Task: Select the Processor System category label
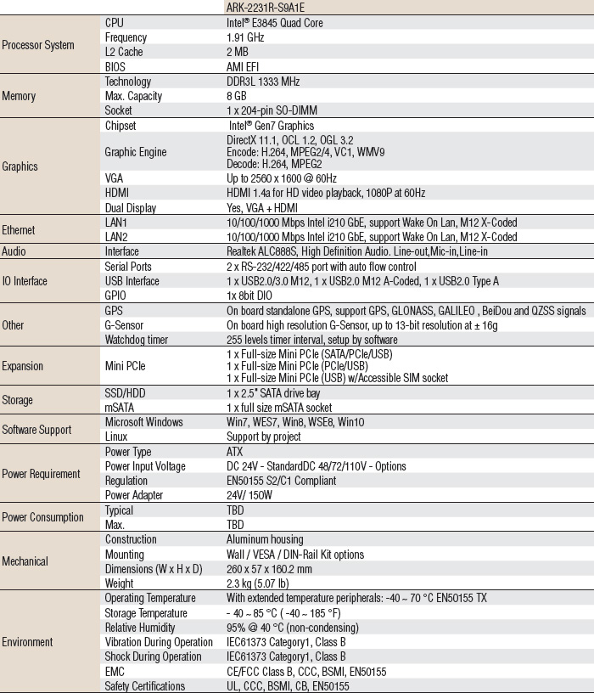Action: pos(38,44)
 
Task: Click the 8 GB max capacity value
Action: pos(237,96)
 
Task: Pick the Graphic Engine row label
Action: pos(135,152)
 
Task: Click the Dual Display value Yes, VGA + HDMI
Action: pos(261,207)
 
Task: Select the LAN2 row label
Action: pos(116,236)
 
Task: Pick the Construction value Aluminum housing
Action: pos(265,539)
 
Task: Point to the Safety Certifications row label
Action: pos(145,685)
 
